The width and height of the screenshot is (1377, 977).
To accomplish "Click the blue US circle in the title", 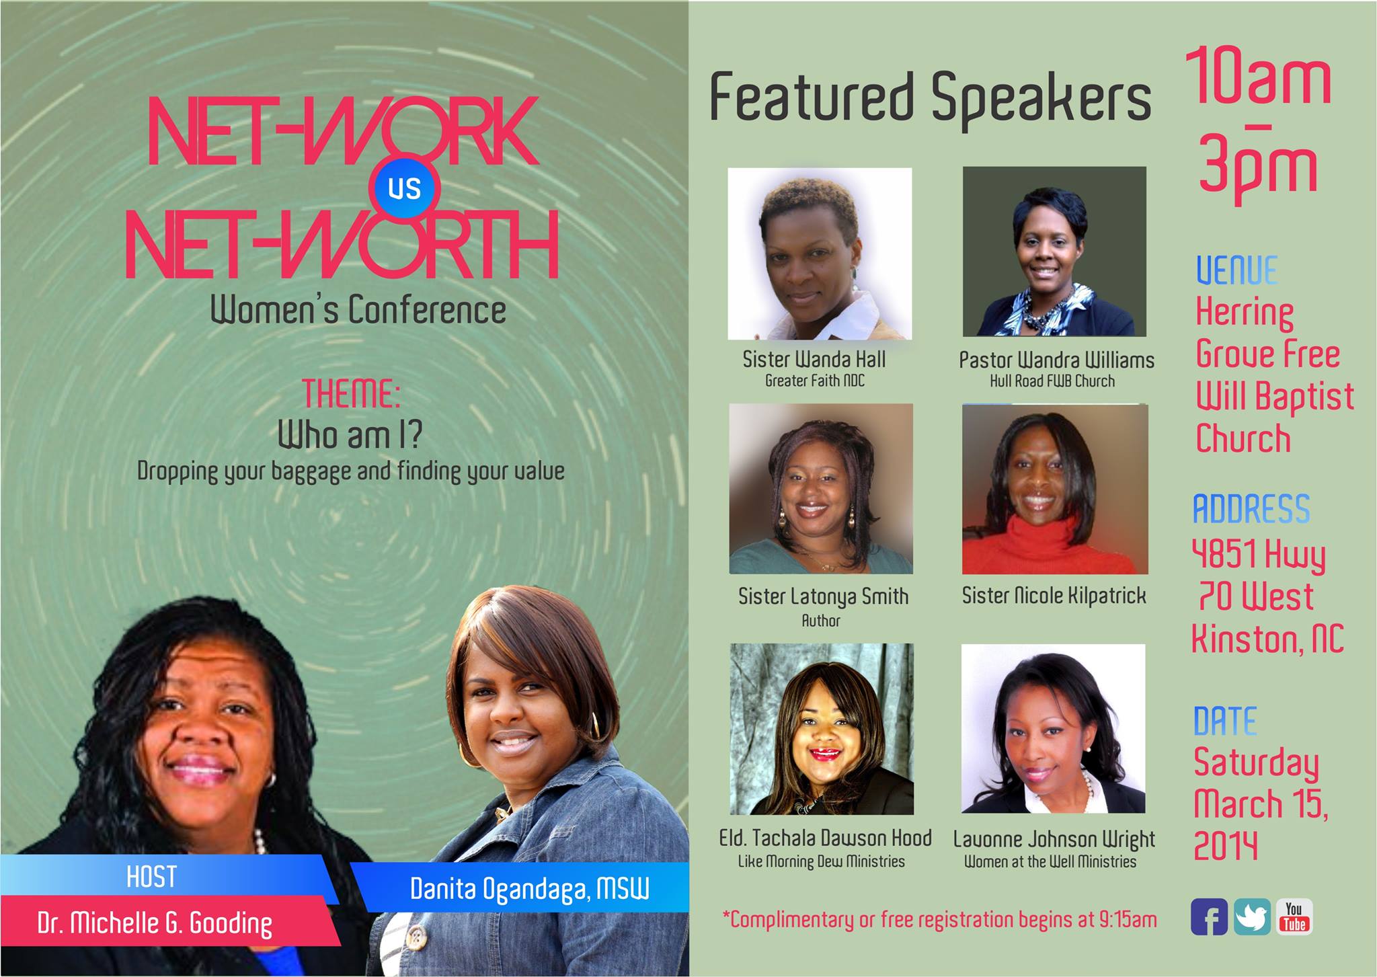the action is tap(404, 189).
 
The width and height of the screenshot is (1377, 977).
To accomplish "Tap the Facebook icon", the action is tap(1209, 917).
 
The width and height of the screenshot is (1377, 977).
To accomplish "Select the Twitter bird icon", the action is tap(1252, 917).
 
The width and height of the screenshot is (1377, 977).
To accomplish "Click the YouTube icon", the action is tap(1294, 917).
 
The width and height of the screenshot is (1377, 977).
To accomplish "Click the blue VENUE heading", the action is tap(1236, 270).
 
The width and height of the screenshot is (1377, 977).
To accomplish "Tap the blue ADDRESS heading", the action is tap(1251, 509).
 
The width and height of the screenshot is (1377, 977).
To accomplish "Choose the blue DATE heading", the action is tap(1224, 721).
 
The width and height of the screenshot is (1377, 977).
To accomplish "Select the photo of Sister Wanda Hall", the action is tap(820, 253).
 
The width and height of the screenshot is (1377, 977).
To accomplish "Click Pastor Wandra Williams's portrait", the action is tap(1054, 251).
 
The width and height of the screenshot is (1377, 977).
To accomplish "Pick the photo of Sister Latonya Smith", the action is tap(821, 489).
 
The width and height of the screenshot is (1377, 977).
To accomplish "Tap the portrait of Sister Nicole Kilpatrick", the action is tap(1055, 489).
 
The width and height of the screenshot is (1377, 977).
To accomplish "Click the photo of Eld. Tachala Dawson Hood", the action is tap(822, 729).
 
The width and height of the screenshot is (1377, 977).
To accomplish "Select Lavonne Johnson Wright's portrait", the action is tap(1053, 729).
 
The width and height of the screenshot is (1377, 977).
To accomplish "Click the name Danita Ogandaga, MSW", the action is tap(530, 890).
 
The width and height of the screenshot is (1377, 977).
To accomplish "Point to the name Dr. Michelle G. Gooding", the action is tap(155, 924).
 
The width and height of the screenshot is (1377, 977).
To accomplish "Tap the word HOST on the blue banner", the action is tap(151, 877).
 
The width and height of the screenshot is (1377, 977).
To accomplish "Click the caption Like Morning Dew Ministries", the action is tap(821, 861).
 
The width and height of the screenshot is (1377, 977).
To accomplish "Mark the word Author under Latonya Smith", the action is tap(821, 621).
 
